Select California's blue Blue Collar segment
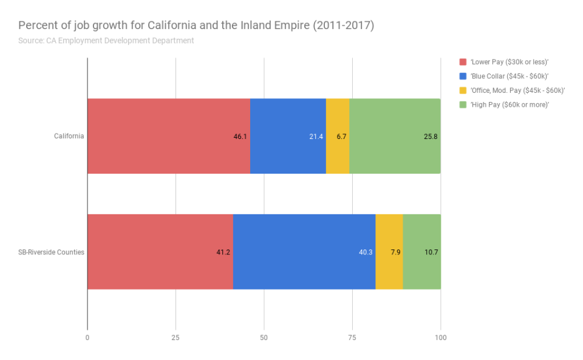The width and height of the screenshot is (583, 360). (x=287, y=136)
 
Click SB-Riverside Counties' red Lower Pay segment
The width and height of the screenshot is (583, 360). (x=160, y=251)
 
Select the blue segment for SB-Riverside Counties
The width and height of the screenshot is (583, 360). (x=304, y=251)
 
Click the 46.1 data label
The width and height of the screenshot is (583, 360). (x=240, y=137)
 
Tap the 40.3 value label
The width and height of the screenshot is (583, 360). (x=366, y=252)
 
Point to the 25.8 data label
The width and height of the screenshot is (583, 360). (x=431, y=137)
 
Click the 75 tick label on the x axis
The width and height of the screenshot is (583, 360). (x=352, y=338)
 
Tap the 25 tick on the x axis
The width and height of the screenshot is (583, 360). (x=176, y=338)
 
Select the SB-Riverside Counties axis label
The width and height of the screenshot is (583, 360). (x=51, y=252)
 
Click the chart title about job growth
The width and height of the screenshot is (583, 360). (x=196, y=26)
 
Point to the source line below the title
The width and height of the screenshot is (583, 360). (x=106, y=41)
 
